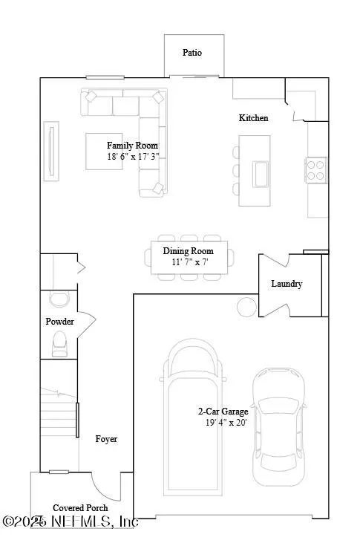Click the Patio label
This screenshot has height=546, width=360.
[192, 53]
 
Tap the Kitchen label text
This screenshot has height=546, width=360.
[253, 118]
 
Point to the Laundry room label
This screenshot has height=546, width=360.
[287, 284]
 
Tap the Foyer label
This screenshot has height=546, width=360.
[106, 439]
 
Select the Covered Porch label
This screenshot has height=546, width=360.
[80, 508]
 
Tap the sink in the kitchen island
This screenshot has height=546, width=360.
[262, 173]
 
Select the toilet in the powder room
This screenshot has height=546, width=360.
[59, 343]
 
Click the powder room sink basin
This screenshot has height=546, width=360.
[57, 299]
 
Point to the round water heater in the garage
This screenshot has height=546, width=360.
[245, 305]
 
